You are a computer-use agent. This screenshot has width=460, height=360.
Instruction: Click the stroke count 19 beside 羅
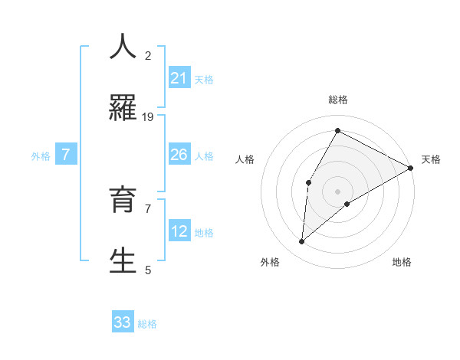(148, 116)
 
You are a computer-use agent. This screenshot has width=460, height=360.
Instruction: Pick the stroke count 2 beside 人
(148, 55)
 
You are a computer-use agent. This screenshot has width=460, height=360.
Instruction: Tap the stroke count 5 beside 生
(148, 270)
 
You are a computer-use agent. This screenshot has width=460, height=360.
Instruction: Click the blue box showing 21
(179, 77)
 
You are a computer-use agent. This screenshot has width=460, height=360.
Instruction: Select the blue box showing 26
(179, 155)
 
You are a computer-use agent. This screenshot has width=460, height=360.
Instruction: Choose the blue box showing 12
(179, 231)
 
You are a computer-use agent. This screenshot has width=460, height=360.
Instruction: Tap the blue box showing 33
(123, 322)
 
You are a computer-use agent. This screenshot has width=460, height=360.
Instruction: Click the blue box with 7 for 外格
(66, 155)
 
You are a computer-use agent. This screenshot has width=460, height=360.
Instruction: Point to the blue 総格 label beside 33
(147, 324)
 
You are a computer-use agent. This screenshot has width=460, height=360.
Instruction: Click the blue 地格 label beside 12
(204, 233)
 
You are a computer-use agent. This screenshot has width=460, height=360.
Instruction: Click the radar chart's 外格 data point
(302, 242)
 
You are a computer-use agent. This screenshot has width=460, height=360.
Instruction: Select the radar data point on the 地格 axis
(347, 204)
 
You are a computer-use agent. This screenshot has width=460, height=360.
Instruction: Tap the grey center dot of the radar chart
(337, 191)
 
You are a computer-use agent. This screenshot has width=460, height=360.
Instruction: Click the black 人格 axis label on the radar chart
(245, 159)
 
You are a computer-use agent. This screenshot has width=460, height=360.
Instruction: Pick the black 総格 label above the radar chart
(337, 100)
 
